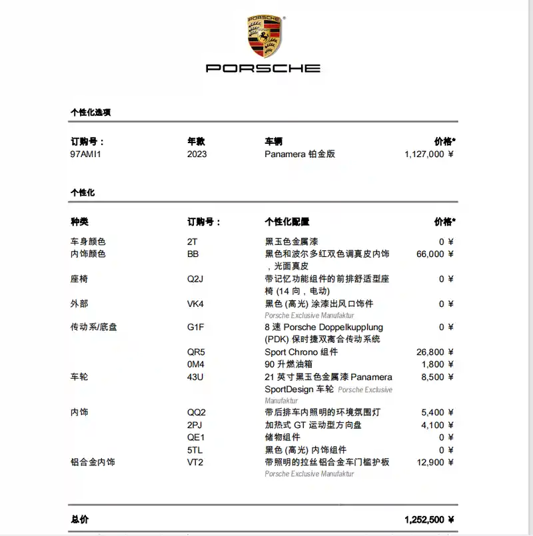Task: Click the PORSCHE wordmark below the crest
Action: click(x=263, y=68)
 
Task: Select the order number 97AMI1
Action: click(x=89, y=154)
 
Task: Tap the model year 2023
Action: click(x=197, y=154)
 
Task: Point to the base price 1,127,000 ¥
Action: click(x=429, y=154)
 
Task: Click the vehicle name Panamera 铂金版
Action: click(x=300, y=154)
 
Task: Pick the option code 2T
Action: click(x=192, y=242)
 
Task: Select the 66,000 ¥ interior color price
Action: click(x=435, y=254)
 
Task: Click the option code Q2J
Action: click(x=195, y=279)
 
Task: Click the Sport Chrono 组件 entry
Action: click(x=300, y=352)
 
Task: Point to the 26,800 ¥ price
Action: click(x=435, y=352)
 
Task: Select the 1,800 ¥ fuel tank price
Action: click(x=438, y=364)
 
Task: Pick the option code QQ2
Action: click(x=197, y=413)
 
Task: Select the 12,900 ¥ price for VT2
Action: click(x=435, y=462)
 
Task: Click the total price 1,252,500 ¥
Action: click(x=429, y=519)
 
